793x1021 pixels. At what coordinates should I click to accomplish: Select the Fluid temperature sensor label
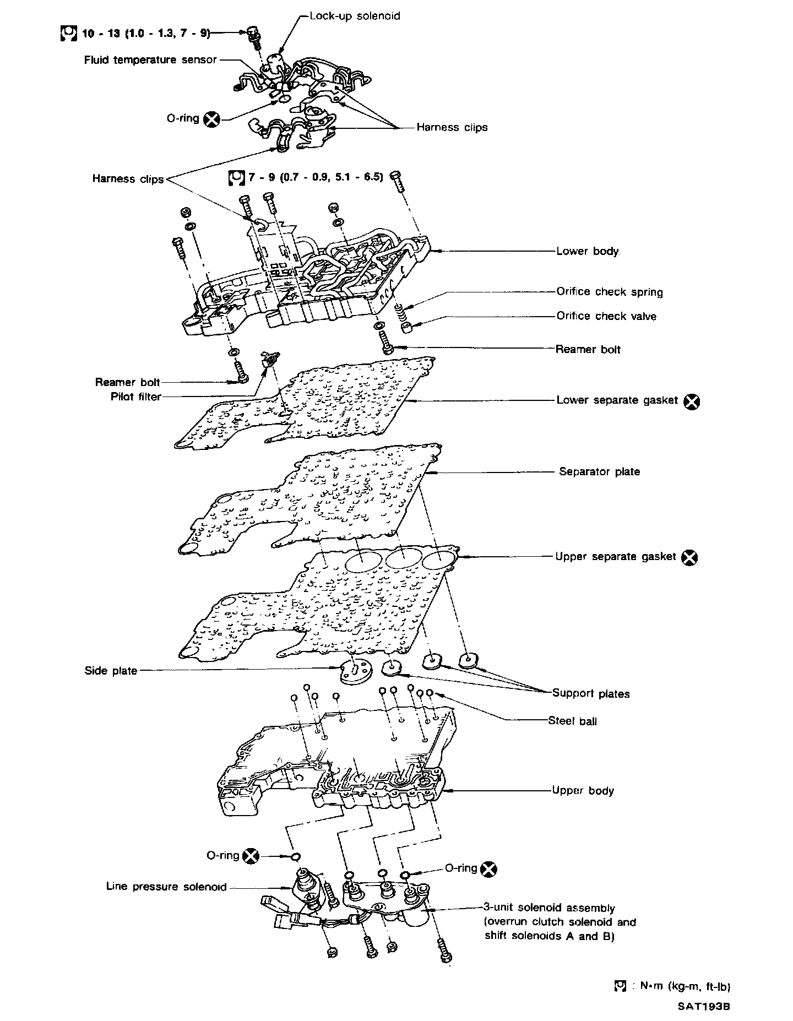point(150,59)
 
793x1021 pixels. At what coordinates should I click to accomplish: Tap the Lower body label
point(588,251)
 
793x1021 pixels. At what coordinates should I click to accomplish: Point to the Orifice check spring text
point(609,292)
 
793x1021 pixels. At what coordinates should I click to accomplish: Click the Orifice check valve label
point(606,316)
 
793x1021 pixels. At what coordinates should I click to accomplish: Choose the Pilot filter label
point(135,397)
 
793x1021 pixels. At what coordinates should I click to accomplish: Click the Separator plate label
point(599,471)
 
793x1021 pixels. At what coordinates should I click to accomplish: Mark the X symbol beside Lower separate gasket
point(692,401)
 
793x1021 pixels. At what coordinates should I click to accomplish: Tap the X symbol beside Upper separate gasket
point(689,558)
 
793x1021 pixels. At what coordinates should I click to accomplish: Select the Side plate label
point(111,671)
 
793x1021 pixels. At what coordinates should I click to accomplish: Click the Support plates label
point(590,693)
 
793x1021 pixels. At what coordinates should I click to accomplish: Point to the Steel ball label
point(572,721)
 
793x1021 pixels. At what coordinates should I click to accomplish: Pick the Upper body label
point(583,791)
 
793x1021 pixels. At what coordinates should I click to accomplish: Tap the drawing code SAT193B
point(704,1006)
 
